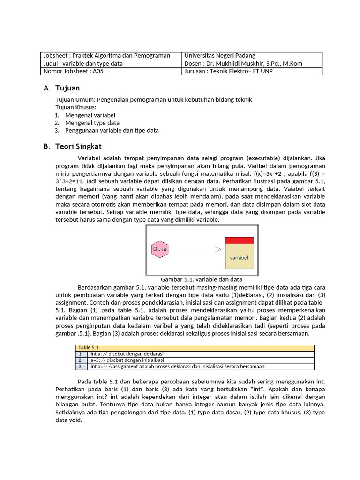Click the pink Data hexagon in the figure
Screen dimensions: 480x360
160,249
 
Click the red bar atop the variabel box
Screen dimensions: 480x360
239,240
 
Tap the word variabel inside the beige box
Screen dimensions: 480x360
239,258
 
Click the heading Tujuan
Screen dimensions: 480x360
67,88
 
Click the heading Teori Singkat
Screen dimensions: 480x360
78,147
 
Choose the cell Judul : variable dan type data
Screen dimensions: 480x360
83,64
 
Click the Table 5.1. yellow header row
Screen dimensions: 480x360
195,347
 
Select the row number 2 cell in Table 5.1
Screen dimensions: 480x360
80,360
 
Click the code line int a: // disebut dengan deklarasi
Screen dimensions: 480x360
127,354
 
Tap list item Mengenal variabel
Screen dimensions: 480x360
90,115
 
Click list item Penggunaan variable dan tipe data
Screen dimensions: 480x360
112,130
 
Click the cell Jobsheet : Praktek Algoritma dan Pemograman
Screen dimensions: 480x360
106,56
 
